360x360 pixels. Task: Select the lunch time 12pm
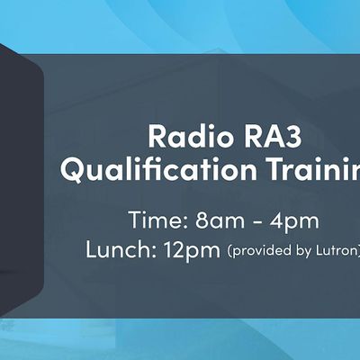191,250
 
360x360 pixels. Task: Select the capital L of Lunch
92,250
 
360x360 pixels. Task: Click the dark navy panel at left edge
18,180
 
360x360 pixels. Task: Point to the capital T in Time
135,221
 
